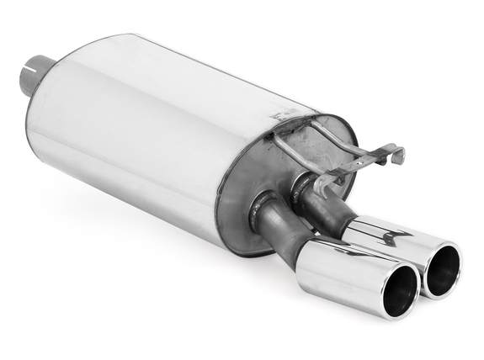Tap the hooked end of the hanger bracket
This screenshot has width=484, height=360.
394,155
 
